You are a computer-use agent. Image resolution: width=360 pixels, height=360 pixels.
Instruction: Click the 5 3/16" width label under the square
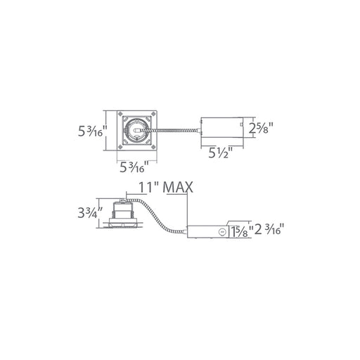[134, 167]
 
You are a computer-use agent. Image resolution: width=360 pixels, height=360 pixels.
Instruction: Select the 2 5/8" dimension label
[261, 128]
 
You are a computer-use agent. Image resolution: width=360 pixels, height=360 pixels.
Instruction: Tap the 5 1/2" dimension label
[221, 153]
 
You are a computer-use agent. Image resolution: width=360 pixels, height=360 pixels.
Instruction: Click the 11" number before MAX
[148, 187]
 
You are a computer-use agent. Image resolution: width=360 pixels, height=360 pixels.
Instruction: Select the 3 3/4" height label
[91, 212]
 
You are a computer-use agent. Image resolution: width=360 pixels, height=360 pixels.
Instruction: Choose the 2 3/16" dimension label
[269, 229]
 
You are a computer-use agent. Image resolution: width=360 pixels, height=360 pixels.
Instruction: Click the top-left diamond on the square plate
[120, 114]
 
